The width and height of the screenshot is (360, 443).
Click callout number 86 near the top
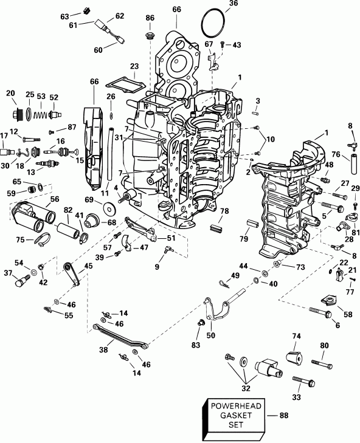pyautogui.click(x=150, y=19)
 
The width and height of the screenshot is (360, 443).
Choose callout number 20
pyautogui.click(x=10, y=92)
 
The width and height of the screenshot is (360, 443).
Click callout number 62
pyautogui.click(x=119, y=16)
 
